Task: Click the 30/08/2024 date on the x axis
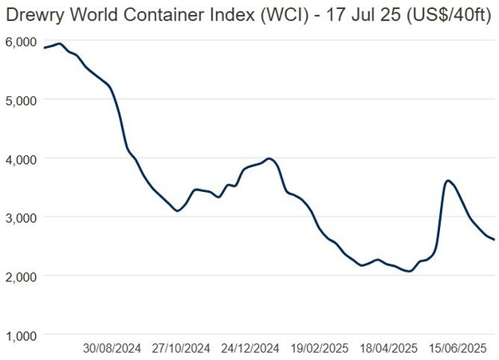click(x=112, y=348)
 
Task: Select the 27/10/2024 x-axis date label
click(x=182, y=348)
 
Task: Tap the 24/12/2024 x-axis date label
click(x=250, y=348)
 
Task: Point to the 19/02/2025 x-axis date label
click(x=319, y=348)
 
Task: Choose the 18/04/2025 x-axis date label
click(x=388, y=348)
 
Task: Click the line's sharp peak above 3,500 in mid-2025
click(x=449, y=181)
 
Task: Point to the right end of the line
click(x=494, y=240)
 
